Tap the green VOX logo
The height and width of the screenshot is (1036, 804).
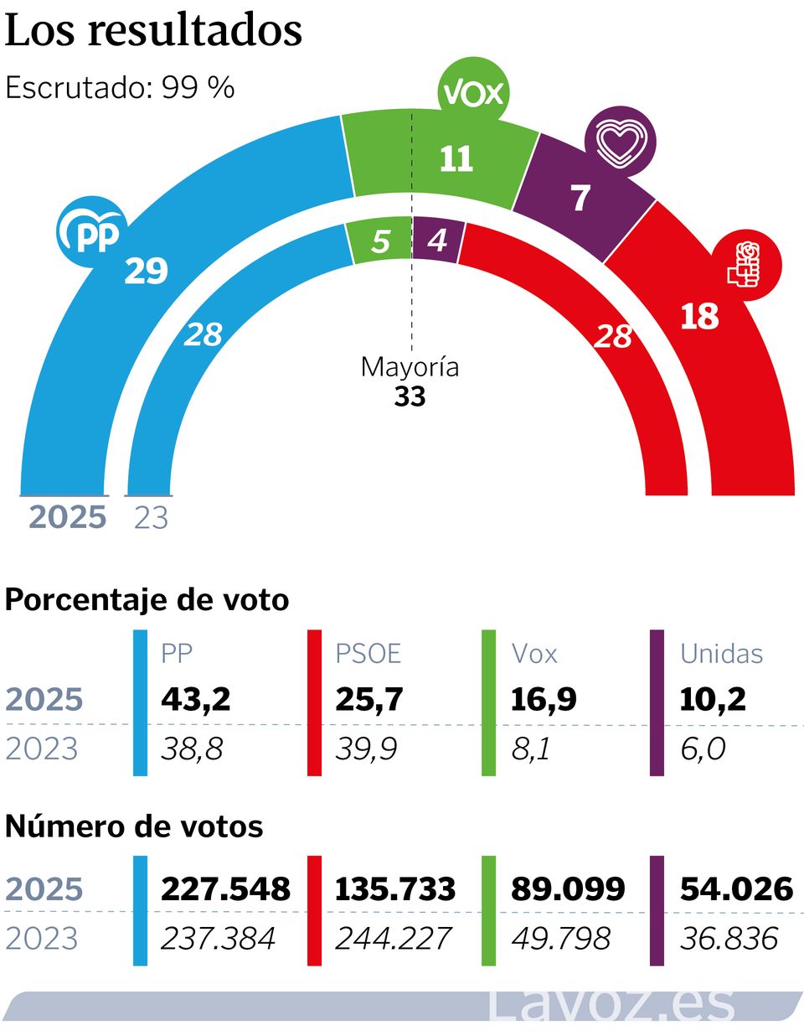tap(474, 92)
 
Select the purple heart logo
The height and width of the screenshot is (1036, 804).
tap(621, 141)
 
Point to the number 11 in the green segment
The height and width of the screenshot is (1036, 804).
tap(456, 158)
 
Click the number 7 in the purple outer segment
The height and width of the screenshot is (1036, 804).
tap(580, 199)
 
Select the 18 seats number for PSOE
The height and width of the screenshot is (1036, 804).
tap(699, 317)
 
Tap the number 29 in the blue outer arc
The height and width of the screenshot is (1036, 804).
tap(146, 271)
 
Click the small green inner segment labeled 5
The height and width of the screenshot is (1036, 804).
tap(380, 241)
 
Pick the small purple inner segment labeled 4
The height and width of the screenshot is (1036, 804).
tap(437, 241)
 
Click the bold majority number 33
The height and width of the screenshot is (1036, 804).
tap(410, 396)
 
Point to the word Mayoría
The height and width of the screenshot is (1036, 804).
tap(410, 367)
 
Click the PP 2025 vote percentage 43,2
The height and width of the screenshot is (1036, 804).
tap(195, 699)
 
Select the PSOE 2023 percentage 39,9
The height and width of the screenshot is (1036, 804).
tap(366, 749)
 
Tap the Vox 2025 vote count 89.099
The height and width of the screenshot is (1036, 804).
tap(568, 888)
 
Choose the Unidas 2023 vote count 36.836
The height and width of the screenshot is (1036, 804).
tap(729, 939)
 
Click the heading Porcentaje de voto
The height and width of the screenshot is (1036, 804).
tap(147, 600)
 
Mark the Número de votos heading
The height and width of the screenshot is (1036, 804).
tap(134, 826)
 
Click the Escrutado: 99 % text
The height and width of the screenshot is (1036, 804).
tap(120, 87)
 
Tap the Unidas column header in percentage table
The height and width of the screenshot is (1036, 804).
tap(721, 654)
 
